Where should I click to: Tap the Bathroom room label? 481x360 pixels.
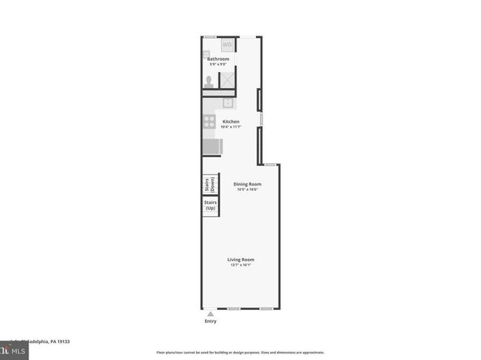point(218,59)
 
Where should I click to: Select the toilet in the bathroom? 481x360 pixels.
point(209,81)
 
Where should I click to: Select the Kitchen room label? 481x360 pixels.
point(231,121)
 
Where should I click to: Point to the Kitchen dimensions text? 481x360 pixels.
point(231,127)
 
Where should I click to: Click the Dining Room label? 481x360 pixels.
point(247,184)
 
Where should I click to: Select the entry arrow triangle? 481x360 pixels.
point(210,312)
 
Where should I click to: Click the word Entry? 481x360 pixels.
point(211,321)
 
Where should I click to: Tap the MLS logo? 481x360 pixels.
point(14,352)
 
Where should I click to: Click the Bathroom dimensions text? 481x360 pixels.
point(218,65)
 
